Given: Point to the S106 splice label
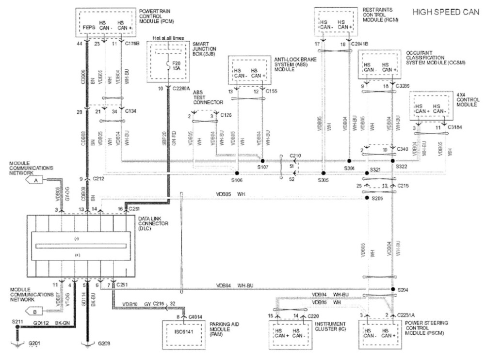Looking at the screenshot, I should point(237,180).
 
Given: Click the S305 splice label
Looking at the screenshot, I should point(323,180).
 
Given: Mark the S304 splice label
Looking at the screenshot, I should point(349,168).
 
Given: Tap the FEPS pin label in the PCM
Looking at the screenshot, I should point(88,28).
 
